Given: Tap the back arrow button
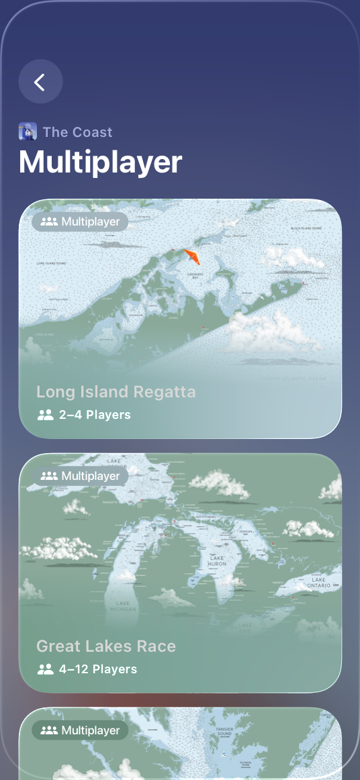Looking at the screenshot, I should tap(40, 82).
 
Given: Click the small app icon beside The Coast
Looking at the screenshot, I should tap(28, 132).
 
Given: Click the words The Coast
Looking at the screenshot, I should tap(77, 132).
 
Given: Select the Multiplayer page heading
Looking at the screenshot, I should tap(101, 162).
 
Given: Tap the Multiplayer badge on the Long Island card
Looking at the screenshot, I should tap(81, 222).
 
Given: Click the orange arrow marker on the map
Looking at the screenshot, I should tap(192, 256).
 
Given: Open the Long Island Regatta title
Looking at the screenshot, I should tap(116, 392).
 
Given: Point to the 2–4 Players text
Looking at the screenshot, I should tap(95, 415).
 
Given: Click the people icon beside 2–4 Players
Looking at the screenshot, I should tap(46, 415).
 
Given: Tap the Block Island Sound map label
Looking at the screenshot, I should tap(312, 229).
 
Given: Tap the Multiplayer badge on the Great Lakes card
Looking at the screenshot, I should tap(81, 476).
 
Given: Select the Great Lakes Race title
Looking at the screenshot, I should tap(106, 646).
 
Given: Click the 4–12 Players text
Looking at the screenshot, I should tap(98, 669).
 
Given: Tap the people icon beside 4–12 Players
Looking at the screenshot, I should tap(46, 669).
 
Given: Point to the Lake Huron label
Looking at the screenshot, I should tap(217, 562).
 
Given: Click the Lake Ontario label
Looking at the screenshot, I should tap(318, 583).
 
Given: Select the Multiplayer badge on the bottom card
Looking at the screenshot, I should tap(81, 730).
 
